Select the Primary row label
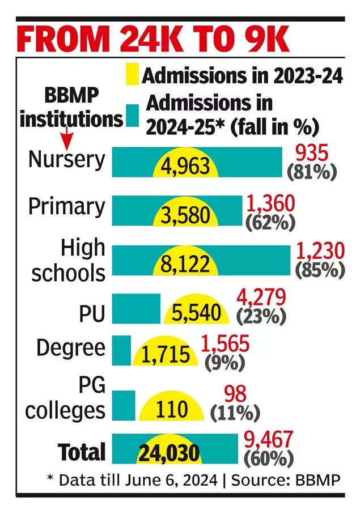pyautogui.click(x=67, y=206)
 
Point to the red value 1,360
pyautogui.click(x=270, y=203)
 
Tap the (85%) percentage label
pyautogui.click(x=320, y=269)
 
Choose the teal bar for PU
pyautogui.click(x=136, y=309)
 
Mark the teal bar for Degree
pyautogui.click(x=122, y=350)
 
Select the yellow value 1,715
pyautogui.click(x=165, y=354)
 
